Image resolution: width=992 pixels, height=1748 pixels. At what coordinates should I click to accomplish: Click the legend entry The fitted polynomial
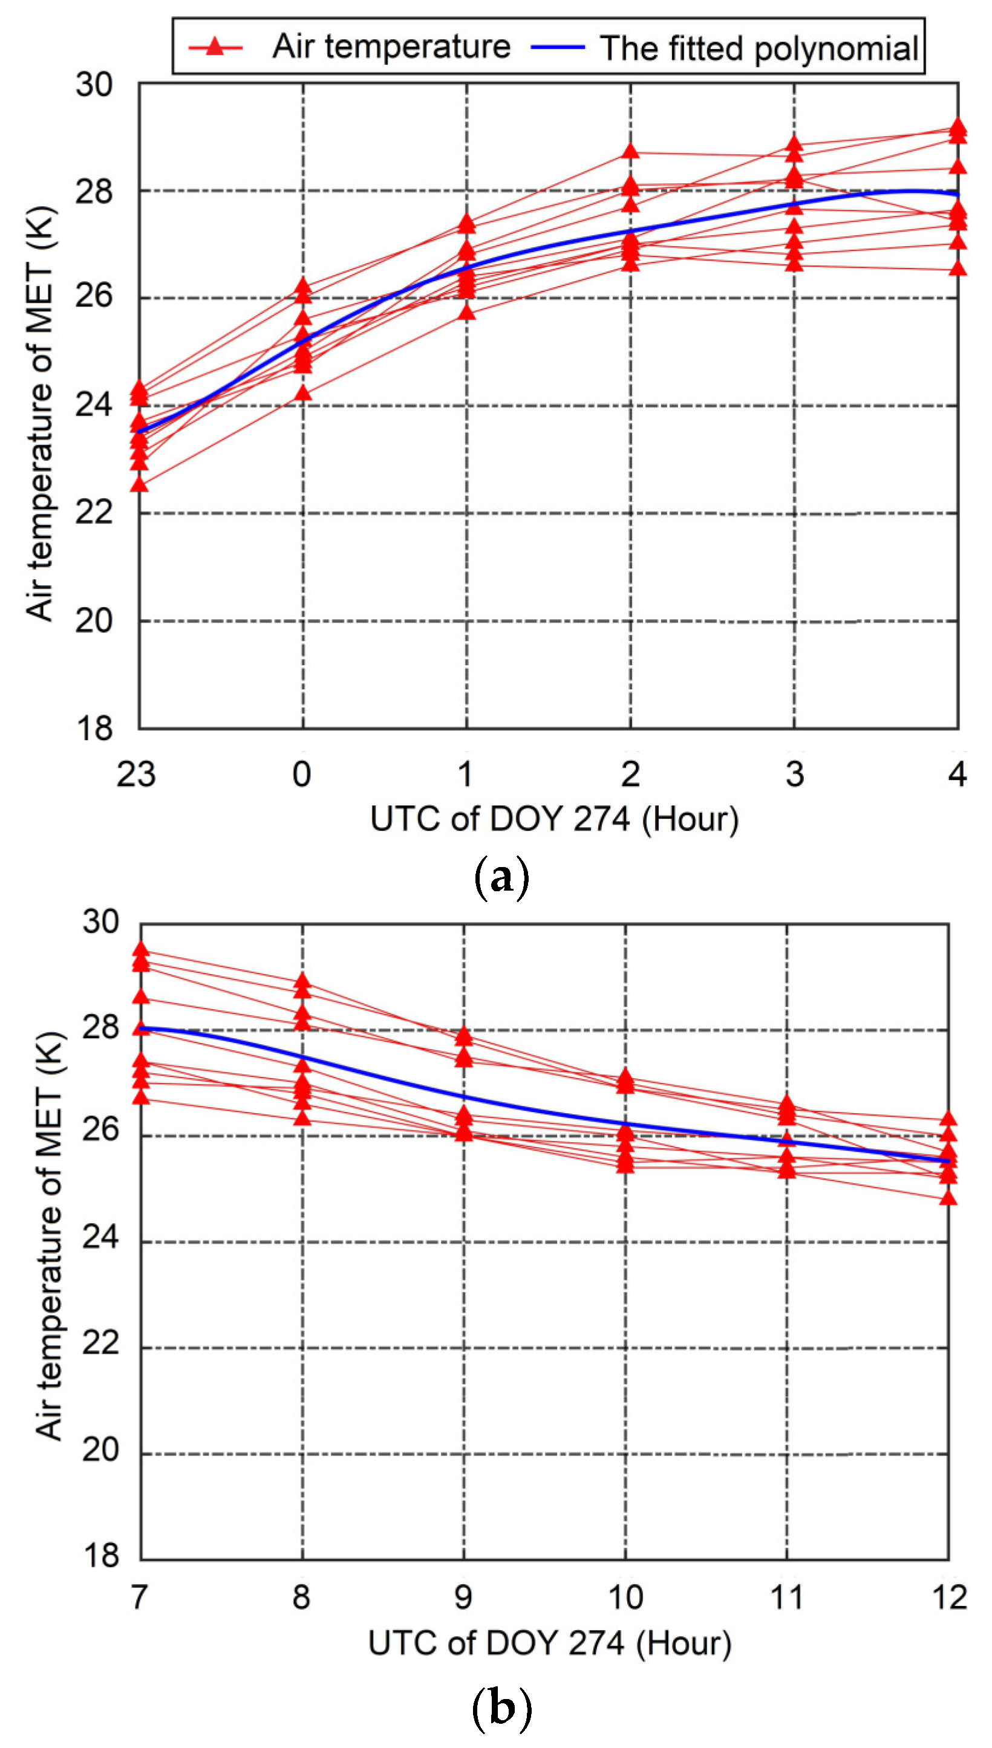coord(759,48)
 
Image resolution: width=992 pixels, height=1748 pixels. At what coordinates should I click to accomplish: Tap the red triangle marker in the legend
coord(215,47)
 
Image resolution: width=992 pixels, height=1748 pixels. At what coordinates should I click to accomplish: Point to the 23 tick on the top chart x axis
coord(136,775)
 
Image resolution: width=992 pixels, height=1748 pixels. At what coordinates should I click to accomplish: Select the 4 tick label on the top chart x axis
coord(958,775)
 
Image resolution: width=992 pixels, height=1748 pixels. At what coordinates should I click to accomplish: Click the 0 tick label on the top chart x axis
coord(302,775)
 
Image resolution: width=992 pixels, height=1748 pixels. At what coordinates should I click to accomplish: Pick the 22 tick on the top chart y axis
coord(93,513)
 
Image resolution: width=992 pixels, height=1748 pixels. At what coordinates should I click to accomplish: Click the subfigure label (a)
coord(501,879)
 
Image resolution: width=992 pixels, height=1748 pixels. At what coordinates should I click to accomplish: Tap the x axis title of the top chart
coord(554,819)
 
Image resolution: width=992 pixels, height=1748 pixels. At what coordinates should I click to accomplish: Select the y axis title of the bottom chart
coord(49,1236)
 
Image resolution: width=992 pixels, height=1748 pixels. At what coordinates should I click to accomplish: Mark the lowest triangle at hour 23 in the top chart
coord(140,484)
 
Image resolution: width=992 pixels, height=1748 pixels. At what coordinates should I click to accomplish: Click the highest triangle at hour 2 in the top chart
coord(631,151)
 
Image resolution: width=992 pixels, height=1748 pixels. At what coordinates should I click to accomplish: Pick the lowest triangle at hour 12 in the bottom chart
coord(948,1197)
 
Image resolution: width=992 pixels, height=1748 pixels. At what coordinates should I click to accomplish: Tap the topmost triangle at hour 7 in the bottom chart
coord(141,949)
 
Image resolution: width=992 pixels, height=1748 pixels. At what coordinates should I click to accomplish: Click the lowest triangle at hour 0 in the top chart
coord(303,393)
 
